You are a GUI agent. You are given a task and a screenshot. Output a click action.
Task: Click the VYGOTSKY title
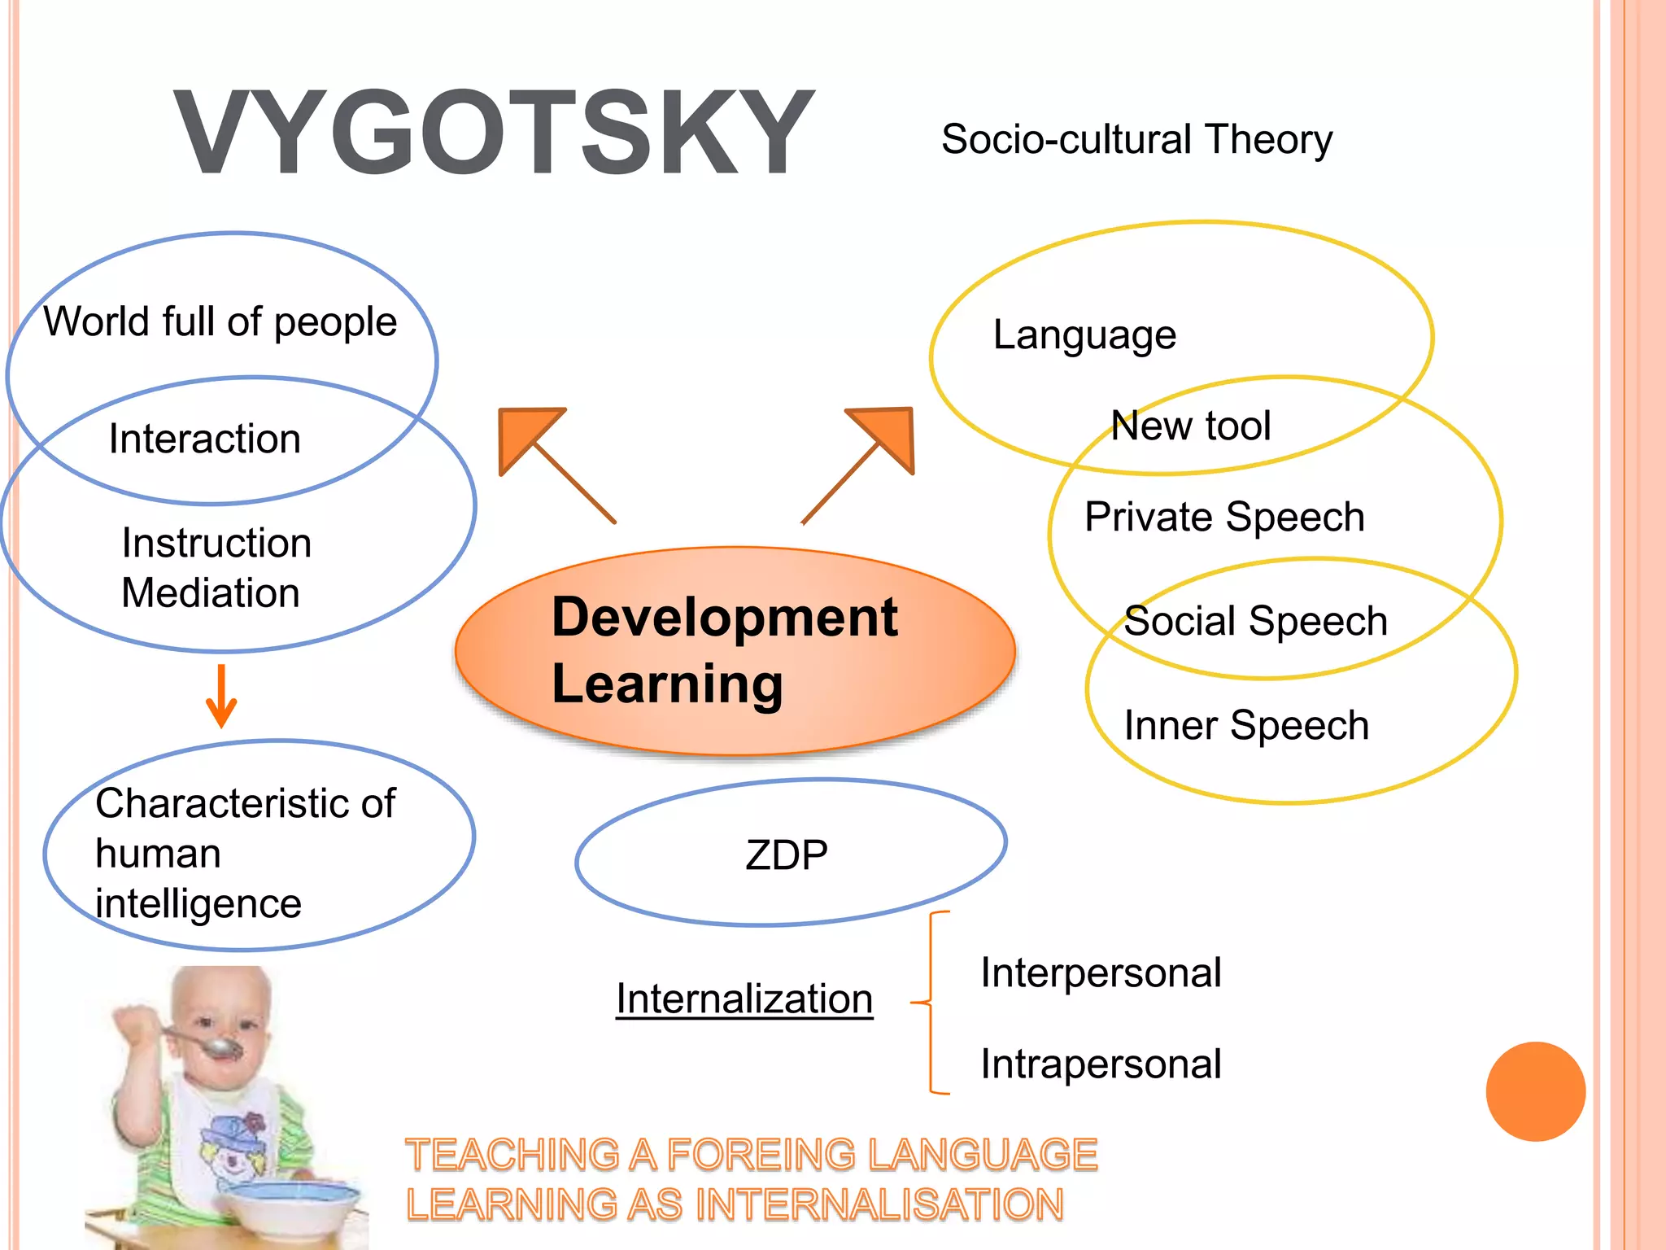[x=494, y=133]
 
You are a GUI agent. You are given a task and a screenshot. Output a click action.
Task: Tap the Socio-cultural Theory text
[x=1136, y=139]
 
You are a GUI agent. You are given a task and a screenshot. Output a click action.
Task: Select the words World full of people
[x=220, y=321]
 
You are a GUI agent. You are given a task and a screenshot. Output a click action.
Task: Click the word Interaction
[x=205, y=439]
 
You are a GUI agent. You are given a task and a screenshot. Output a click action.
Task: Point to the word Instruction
[x=216, y=543]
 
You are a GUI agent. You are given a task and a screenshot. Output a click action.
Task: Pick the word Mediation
[x=211, y=592]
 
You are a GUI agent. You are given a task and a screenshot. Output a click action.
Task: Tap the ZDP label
[x=787, y=855]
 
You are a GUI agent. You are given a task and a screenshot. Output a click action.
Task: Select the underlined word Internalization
[x=744, y=999]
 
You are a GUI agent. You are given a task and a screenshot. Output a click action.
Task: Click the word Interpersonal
[x=1101, y=972]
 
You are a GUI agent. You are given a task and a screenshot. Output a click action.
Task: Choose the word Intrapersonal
[x=1101, y=1064]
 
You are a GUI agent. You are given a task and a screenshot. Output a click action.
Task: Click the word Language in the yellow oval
[x=1084, y=334]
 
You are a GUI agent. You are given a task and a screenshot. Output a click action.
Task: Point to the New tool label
[x=1191, y=426]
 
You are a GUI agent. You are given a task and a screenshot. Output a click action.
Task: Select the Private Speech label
[x=1224, y=517]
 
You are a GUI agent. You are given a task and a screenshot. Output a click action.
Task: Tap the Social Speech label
[x=1255, y=621]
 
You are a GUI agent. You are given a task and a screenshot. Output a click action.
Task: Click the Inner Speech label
[x=1246, y=725]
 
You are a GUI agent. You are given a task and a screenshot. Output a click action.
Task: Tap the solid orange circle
[x=1535, y=1091]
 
